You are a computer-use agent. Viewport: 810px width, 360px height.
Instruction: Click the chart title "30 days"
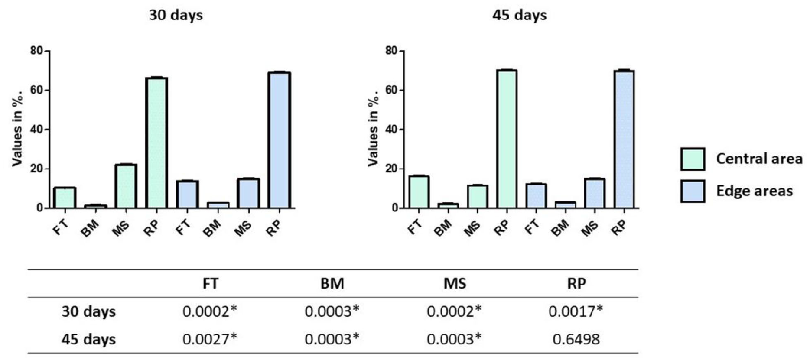[176, 16]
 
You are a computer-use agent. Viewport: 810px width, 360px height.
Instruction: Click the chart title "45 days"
[519, 16]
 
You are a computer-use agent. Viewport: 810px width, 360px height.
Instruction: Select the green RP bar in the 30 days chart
[156, 143]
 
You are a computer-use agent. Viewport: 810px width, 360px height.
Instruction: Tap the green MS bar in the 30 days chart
[126, 186]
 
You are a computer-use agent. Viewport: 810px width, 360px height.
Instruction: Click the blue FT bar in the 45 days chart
[536, 196]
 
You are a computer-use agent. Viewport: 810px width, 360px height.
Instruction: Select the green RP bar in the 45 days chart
[507, 139]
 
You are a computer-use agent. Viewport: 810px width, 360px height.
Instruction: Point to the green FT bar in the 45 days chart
[418, 191]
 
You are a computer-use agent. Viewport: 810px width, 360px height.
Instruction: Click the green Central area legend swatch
[692, 159]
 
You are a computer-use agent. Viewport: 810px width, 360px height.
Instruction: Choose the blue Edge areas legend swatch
[692, 191]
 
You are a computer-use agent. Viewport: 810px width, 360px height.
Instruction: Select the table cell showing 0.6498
[576, 339]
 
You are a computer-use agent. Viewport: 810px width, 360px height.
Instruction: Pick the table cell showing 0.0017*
[576, 311]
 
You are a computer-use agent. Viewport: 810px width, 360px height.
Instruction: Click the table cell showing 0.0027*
[210, 339]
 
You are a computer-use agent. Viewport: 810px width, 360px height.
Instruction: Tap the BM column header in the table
[332, 283]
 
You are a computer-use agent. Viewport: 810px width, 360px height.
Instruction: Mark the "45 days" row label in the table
[88, 339]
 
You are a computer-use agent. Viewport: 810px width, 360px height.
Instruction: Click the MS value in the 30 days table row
[454, 311]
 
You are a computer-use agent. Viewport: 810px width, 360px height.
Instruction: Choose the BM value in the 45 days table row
[332, 339]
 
